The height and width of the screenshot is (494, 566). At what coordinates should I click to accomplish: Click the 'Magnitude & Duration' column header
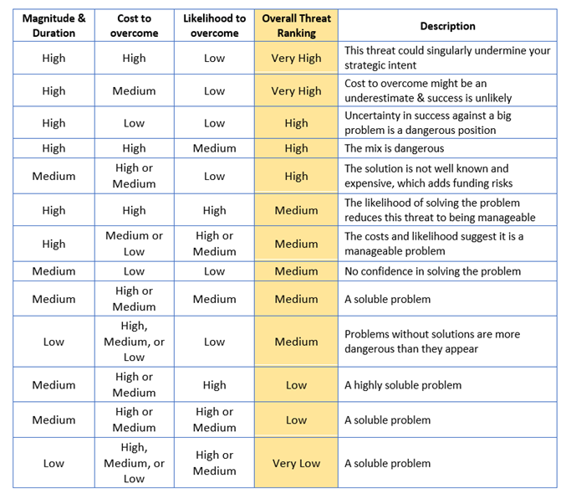pos(54,26)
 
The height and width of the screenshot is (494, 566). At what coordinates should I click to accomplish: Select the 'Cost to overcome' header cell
pos(135,26)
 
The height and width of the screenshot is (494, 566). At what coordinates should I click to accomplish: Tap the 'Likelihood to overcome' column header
pos(214,26)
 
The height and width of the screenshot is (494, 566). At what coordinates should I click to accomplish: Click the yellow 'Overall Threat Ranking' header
pos(296,26)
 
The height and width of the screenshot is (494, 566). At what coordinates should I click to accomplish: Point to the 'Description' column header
pos(447,26)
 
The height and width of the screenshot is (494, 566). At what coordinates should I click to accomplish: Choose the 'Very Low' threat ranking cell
pos(296,463)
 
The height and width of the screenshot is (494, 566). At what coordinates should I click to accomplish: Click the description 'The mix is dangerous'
pos(394,148)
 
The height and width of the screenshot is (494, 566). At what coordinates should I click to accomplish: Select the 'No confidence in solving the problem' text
pos(432,271)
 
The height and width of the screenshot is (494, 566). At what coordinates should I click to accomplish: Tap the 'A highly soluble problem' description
pos(403,385)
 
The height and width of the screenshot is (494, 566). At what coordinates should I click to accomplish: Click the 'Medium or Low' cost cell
pos(135,244)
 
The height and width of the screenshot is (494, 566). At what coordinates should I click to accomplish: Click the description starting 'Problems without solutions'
pos(432,342)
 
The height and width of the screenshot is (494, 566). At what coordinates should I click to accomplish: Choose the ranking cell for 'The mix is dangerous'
pos(296,148)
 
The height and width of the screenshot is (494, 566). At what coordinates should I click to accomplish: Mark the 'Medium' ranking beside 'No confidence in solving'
pos(296,271)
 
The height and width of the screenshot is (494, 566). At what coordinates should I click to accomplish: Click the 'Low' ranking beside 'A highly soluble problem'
pos(296,385)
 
